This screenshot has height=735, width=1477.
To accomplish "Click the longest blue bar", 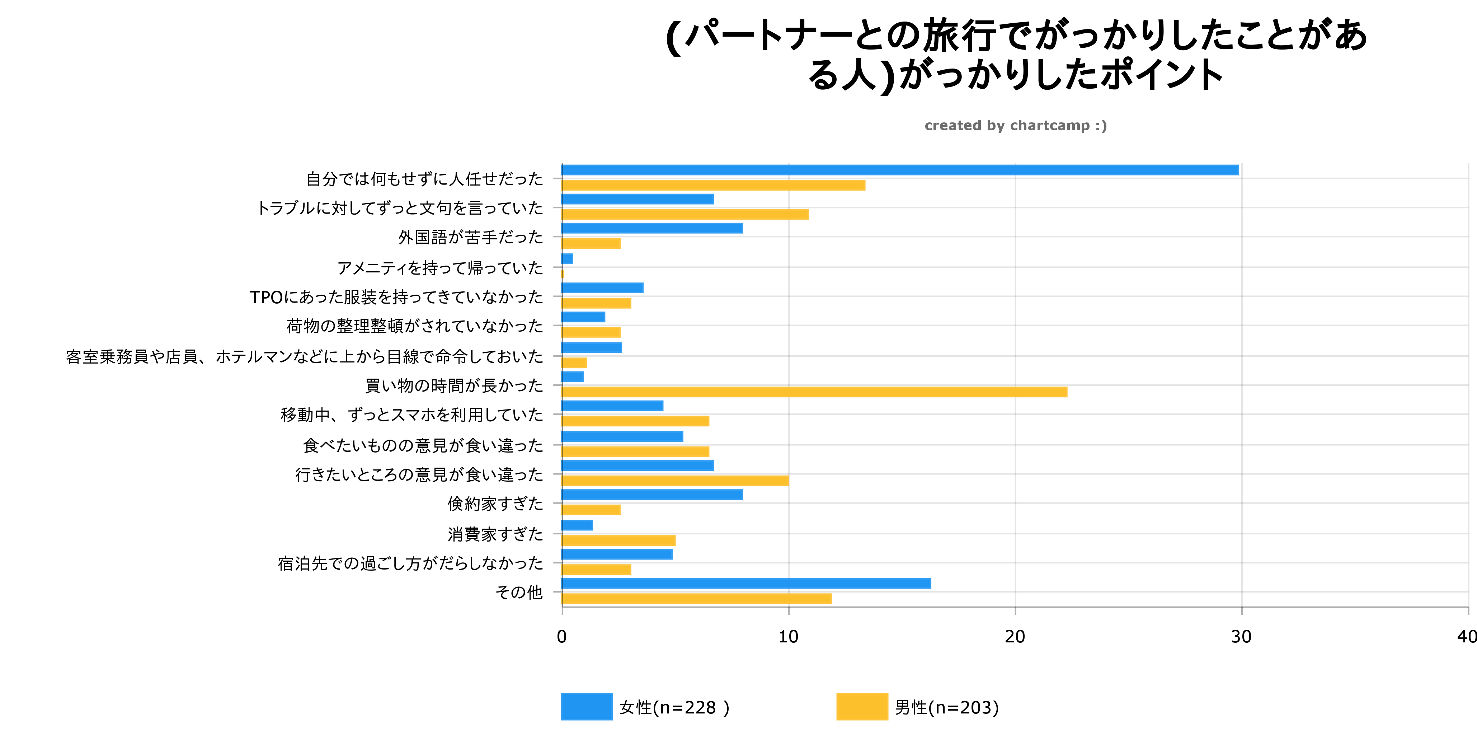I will [900, 170].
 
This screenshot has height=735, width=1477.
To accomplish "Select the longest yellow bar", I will [814, 392].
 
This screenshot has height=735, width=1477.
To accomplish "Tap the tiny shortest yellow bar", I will [563, 274].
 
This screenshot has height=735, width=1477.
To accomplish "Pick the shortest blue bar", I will [567, 259].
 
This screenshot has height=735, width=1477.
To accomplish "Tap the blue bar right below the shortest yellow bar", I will [602, 288].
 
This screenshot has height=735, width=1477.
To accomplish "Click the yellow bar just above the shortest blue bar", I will [591, 244].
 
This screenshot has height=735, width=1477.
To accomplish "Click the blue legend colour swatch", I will [586, 707].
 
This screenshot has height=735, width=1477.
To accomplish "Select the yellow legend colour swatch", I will [862, 707].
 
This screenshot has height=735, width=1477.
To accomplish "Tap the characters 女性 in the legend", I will [635, 707].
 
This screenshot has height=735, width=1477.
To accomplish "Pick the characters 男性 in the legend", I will [911, 707].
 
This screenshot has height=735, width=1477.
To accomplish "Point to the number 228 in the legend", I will [700, 707].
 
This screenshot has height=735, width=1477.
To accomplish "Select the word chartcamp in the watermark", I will [1049, 126].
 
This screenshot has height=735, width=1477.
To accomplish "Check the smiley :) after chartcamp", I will [1101, 126].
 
